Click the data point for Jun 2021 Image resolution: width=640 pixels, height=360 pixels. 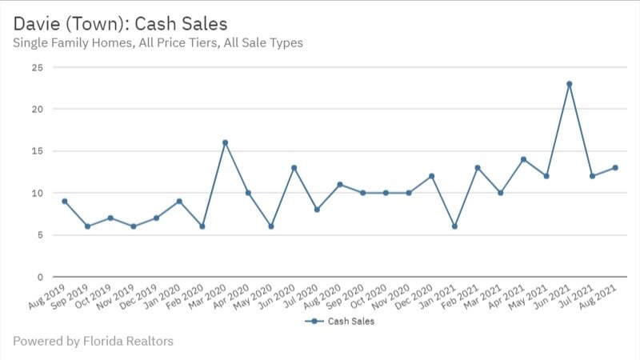[570, 84]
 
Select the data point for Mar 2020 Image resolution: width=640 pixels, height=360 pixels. [226, 142]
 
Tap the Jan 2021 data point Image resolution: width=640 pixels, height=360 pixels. [454, 226]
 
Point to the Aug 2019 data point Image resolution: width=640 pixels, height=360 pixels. [65, 201]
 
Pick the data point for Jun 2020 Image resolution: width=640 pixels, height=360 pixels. [294, 168]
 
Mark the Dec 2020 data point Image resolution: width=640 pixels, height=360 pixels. [432, 176]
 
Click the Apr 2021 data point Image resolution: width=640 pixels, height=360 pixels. [523, 159]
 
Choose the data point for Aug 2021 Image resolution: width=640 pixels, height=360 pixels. [615, 168]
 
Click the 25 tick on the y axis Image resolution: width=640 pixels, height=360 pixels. [37, 67]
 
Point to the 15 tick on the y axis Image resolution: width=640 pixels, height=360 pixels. [37, 151]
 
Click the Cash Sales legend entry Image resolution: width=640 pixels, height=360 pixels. [340, 322]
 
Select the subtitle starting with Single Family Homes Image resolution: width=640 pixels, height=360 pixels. [158, 42]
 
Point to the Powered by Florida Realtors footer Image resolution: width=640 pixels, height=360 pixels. [93, 342]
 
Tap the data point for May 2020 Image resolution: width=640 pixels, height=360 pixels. [271, 226]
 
